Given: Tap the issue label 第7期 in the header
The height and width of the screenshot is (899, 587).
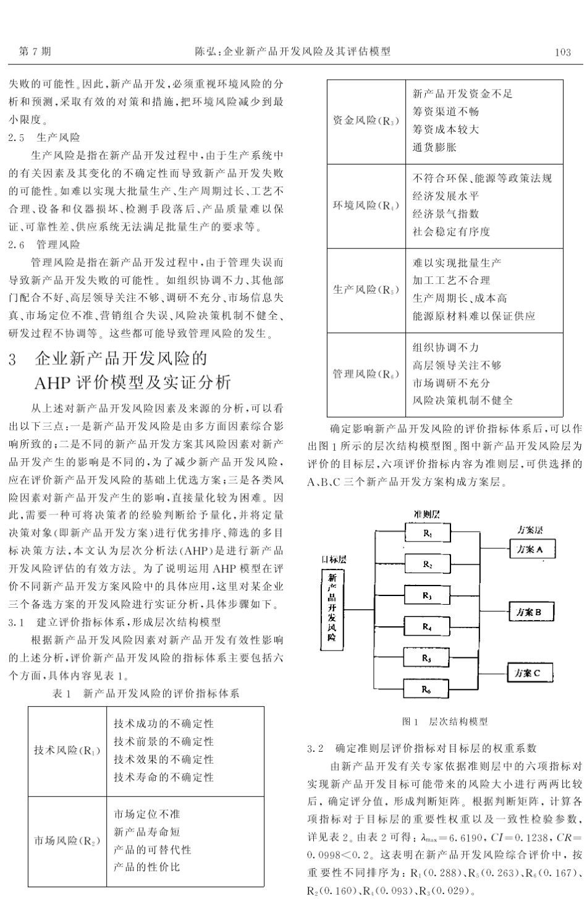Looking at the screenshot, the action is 35,53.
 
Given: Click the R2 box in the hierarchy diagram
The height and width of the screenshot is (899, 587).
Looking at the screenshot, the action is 428,564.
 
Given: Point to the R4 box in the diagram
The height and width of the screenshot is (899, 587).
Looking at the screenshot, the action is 428,626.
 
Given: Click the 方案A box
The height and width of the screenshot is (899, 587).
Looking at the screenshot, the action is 530,548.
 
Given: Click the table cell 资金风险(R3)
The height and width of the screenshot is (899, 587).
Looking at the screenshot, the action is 366,121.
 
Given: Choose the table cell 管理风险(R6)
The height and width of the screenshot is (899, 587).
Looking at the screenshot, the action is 366,374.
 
